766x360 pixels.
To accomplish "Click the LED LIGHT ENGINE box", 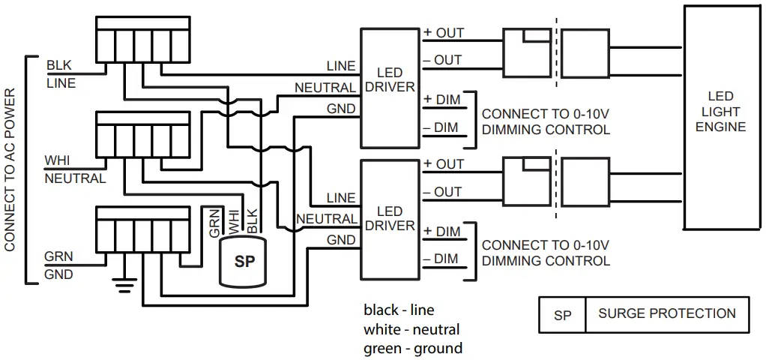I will [720, 116].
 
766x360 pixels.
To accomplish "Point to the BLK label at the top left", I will [59, 66].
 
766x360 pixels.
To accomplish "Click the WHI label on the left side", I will [58, 161].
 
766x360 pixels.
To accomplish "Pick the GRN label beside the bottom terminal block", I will [58, 256].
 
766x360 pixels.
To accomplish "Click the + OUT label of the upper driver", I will [444, 33].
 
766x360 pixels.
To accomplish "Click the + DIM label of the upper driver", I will [441, 100].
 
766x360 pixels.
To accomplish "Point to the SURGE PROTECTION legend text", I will [666, 313].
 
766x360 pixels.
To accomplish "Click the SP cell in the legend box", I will [562, 315].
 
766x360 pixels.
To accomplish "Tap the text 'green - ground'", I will [412, 348].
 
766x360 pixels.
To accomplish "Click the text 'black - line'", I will [399, 310].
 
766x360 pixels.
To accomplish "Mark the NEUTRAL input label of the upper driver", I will [325, 88].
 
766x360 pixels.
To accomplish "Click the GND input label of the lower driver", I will [341, 240].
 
